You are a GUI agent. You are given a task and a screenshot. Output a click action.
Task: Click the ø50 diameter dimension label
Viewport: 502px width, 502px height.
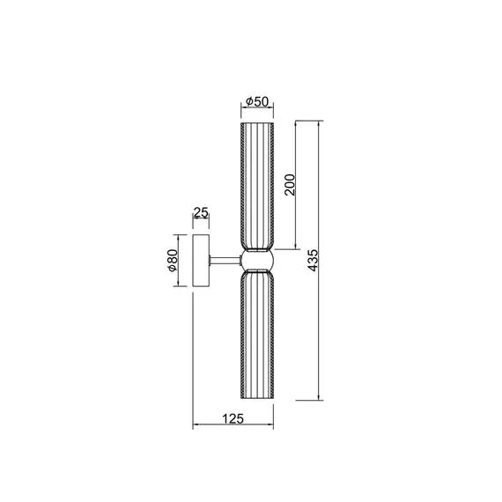(x=256, y=101)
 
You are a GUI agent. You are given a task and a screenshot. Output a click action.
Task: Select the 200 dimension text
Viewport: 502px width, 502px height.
(x=290, y=184)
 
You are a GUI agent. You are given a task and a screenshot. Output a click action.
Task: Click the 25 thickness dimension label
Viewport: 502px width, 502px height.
(x=200, y=213)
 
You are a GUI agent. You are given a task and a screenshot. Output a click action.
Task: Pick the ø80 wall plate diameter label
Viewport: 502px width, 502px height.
(x=173, y=261)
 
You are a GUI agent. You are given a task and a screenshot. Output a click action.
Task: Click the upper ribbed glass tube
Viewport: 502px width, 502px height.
(x=256, y=185)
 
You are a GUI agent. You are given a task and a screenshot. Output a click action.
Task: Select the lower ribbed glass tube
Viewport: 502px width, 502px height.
(x=256, y=335)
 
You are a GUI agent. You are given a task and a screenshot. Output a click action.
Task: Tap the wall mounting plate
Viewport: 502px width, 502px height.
(x=201, y=260)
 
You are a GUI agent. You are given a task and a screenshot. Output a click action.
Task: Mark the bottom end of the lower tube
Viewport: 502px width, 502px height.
(x=256, y=399)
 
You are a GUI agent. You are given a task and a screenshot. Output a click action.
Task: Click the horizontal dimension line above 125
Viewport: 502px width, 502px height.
(x=233, y=428)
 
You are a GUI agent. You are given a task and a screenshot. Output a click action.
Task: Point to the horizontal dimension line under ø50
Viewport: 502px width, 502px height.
(x=256, y=109)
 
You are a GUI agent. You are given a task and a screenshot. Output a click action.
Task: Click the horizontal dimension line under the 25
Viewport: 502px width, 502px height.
(x=201, y=221)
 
